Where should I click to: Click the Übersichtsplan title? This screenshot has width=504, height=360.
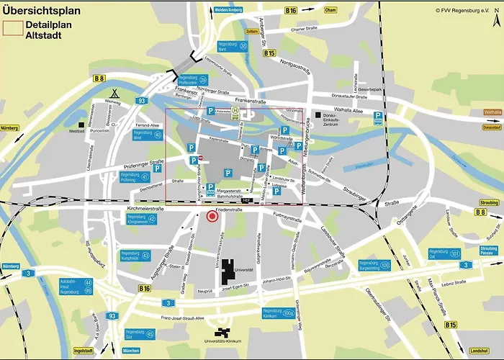click(x=45, y=10)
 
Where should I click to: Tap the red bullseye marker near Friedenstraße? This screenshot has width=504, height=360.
click(x=212, y=216)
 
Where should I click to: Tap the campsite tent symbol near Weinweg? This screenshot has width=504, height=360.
click(x=114, y=93)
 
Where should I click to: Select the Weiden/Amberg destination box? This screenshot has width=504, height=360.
click(x=228, y=11)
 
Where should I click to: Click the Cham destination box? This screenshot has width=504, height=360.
click(x=330, y=11)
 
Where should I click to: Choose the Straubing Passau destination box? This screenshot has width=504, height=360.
click(x=489, y=251)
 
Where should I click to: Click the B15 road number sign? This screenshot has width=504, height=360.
click(x=451, y=325)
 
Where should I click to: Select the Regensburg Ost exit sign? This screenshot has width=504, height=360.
click(x=444, y=254)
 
